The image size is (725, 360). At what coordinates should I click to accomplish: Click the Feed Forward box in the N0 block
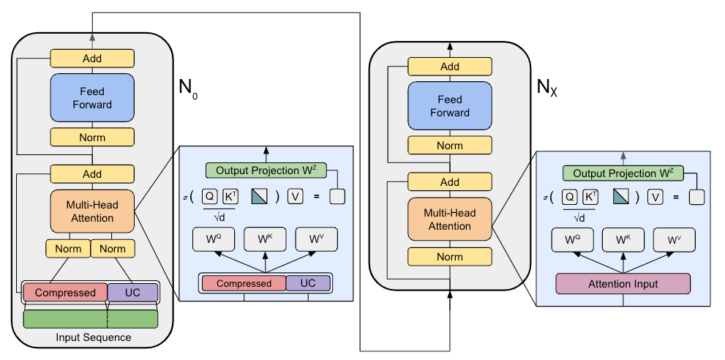92,97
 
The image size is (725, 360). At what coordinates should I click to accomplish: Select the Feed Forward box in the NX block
450,106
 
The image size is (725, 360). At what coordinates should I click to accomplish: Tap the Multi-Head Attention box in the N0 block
92,211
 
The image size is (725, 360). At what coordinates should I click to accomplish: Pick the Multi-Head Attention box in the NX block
450,220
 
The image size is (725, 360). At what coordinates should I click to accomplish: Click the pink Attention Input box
623,283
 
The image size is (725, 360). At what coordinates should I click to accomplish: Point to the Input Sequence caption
94,337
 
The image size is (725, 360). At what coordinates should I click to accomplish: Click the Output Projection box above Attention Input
623,173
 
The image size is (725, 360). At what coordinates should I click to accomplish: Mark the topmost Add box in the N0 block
92,59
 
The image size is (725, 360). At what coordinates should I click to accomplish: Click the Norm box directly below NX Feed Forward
450,146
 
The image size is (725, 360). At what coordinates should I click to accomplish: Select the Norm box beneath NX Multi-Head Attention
450,257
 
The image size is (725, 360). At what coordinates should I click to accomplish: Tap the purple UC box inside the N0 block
132,293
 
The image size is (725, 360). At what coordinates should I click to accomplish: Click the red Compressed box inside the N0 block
65,293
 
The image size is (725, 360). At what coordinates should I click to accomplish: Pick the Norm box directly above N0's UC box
113,249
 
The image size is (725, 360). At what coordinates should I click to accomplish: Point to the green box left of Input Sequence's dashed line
65,319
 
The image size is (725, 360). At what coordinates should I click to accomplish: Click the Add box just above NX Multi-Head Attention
450,182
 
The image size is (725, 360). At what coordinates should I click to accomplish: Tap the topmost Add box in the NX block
450,67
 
